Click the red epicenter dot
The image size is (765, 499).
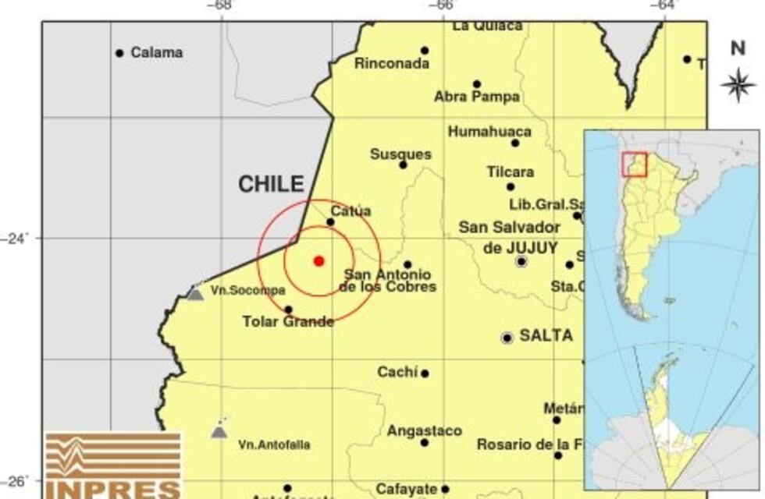318,260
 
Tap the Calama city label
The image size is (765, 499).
157,53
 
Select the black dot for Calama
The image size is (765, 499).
119,53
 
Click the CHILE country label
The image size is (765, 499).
271,184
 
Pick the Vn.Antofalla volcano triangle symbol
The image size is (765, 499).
219,430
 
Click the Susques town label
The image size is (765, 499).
400,154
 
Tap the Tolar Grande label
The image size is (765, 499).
288,321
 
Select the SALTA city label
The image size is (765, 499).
546,336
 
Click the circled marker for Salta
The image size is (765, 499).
507,338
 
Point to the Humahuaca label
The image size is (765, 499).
489,132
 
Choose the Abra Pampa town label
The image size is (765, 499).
477,97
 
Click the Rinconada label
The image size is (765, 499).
392,64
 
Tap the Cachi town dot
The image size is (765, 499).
425,373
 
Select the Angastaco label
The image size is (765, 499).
425,430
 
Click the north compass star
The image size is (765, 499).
738,84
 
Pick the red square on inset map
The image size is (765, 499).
634,164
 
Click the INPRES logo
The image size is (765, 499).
113,465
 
